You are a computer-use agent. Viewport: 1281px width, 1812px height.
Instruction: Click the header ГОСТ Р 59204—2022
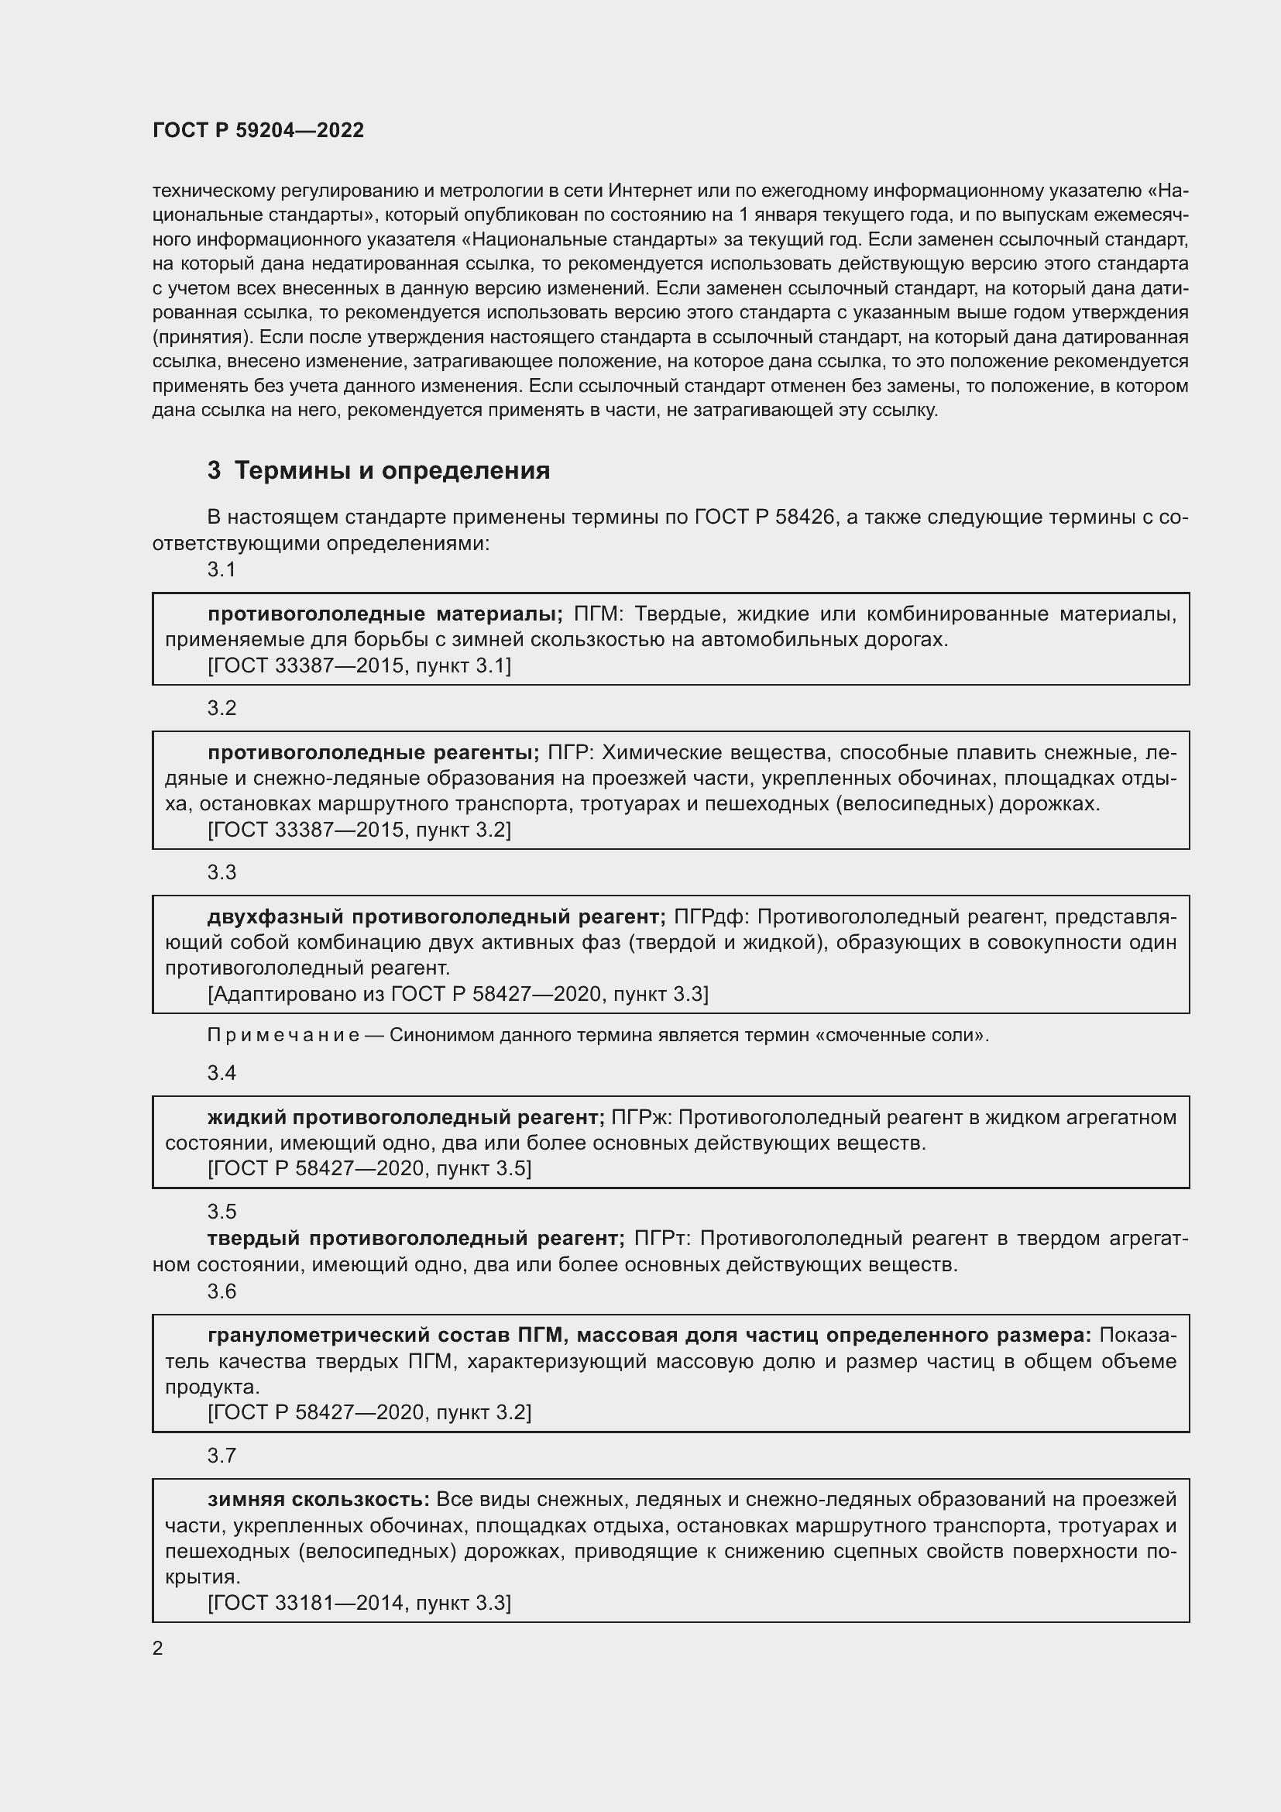[x=258, y=130]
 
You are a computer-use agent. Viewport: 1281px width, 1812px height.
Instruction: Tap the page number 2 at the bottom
[x=158, y=1647]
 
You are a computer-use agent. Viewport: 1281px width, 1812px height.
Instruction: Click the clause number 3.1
[x=222, y=569]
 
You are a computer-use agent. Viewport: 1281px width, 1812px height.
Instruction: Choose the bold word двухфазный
[x=275, y=917]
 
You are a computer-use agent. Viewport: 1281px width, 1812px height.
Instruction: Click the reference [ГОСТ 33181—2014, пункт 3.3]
[x=359, y=1602]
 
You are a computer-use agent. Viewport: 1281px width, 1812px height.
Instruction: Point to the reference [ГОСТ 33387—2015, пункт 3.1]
[x=359, y=665]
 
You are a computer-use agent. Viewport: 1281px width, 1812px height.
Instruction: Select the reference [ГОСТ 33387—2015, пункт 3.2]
[x=359, y=830]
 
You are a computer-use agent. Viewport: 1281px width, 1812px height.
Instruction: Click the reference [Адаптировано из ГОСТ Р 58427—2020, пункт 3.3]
[x=458, y=994]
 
